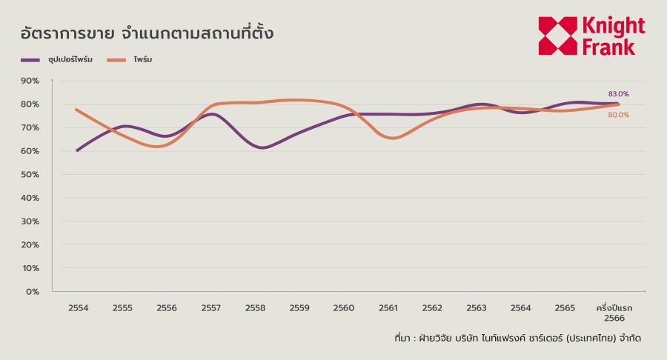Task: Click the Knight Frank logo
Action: tap(591, 36)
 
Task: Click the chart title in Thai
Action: tap(147, 33)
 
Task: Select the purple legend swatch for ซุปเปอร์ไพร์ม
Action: tap(30, 60)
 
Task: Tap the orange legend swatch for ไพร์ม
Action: tap(116, 60)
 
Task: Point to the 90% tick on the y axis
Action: tap(30, 81)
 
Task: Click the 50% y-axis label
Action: tap(30, 174)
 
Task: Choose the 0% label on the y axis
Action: tap(33, 292)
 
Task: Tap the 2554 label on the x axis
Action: tap(79, 307)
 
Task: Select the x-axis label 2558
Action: tap(255, 307)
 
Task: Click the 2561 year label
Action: tap(388, 307)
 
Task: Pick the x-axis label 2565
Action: tap(565, 307)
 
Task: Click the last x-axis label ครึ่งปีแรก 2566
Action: tap(614, 313)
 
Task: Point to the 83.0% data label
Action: tap(619, 94)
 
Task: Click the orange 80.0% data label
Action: tap(619, 115)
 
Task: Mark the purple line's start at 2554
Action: tap(77, 150)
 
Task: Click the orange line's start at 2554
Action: tap(76, 110)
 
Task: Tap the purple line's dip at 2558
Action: tap(262, 148)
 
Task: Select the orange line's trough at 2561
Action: tap(392, 138)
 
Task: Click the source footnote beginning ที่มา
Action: tap(518, 339)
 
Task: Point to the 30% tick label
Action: tap(30, 221)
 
